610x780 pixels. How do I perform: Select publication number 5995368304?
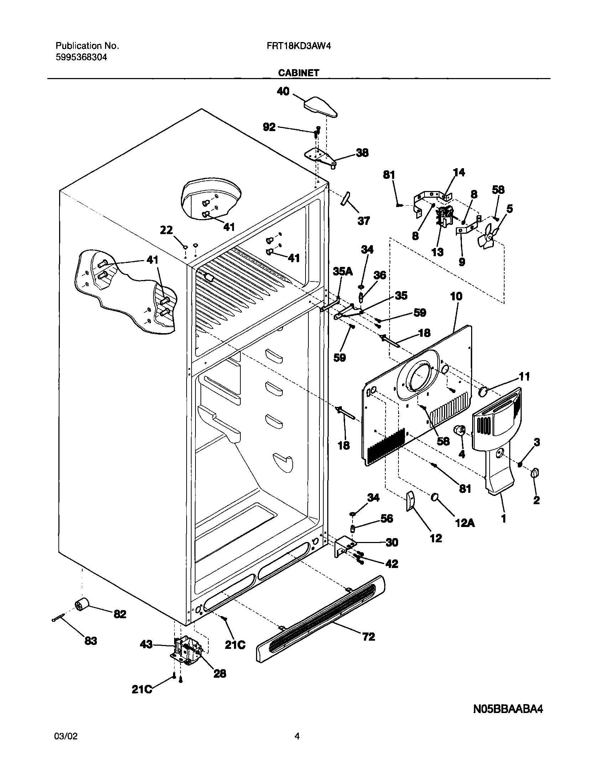point(81,57)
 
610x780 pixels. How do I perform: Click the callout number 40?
point(283,92)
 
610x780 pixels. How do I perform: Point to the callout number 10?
point(456,296)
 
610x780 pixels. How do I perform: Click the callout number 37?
point(364,221)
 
